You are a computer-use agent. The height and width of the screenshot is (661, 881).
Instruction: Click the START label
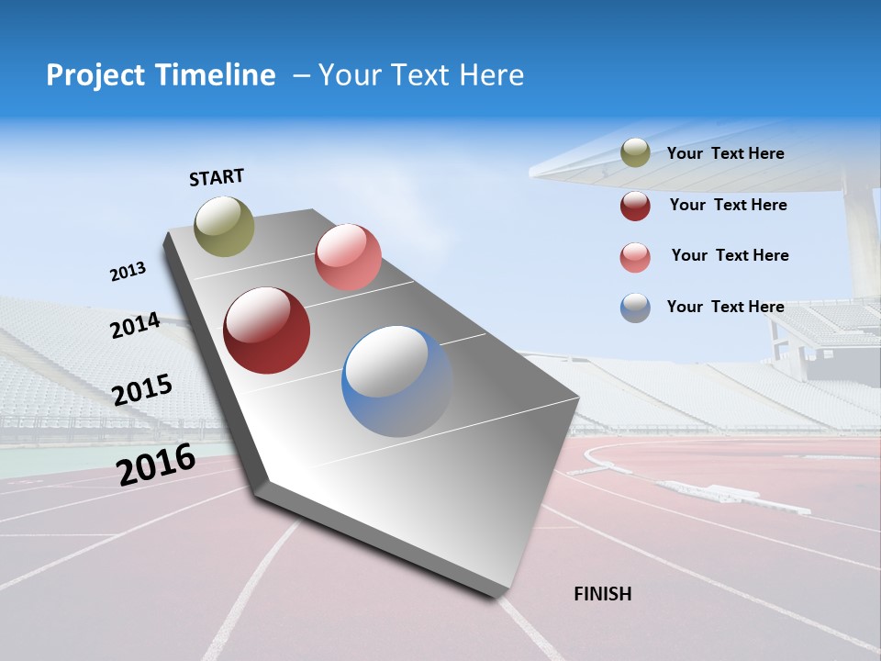(x=217, y=177)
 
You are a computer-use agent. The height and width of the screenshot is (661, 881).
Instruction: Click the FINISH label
(x=603, y=594)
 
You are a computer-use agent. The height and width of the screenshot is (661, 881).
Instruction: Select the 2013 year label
(x=128, y=272)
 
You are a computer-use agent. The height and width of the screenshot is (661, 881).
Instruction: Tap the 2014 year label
(x=135, y=326)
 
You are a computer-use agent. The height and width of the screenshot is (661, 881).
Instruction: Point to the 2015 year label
(x=141, y=390)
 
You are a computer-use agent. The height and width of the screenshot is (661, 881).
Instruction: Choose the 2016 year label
(x=156, y=465)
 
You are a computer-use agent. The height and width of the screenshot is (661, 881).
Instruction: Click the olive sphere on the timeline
(x=224, y=226)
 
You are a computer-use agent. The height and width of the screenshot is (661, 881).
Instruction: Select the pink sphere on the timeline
(x=348, y=257)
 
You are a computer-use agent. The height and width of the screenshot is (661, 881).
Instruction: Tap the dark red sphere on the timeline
(x=266, y=330)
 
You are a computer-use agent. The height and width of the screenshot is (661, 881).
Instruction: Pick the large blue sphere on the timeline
(x=397, y=381)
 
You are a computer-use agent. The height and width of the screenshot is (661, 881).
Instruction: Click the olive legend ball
(x=635, y=153)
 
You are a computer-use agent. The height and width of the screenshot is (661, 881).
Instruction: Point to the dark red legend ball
(x=635, y=206)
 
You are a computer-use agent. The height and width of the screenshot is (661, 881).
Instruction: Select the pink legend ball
(x=635, y=257)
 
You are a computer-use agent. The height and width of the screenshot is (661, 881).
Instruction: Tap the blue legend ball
(x=635, y=308)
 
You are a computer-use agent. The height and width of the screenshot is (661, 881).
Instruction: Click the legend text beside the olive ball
(x=725, y=153)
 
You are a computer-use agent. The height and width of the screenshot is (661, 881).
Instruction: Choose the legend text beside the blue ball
(x=725, y=307)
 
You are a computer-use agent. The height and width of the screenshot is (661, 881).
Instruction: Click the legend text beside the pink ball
(x=730, y=255)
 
